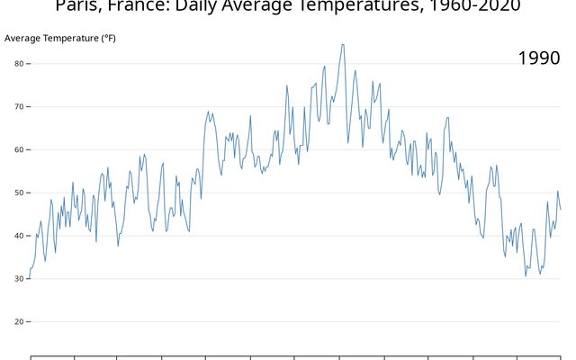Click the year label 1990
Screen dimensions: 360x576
pyautogui.click(x=539, y=58)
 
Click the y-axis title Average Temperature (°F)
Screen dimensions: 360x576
pyautogui.click(x=60, y=39)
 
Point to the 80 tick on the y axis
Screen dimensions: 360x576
pyautogui.click(x=19, y=64)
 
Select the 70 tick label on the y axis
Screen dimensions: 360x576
pyautogui.click(x=19, y=107)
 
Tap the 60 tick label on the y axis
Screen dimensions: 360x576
pyautogui.click(x=19, y=149)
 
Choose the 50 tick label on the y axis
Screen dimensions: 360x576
pyautogui.click(x=19, y=193)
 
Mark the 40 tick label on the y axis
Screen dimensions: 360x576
pyautogui.click(x=19, y=236)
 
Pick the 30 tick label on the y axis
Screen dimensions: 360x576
pyautogui.click(x=19, y=279)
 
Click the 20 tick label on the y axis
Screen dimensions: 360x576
pyautogui.click(x=19, y=322)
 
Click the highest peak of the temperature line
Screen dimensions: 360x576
pyautogui.click(x=343, y=44)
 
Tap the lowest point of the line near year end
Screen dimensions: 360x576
pyautogui.click(x=526, y=275)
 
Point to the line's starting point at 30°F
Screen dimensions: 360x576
pyautogui.click(x=31, y=278)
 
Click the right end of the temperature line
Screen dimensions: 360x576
pyautogui.click(x=560, y=209)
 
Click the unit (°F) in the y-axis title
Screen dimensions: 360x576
pyautogui.click(x=108, y=39)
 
